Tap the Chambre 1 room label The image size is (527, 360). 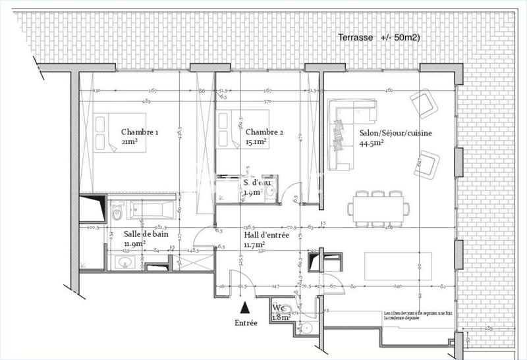tap(140, 132)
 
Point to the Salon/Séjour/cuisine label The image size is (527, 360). tap(395, 133)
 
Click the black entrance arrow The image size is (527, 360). tap(245, 307)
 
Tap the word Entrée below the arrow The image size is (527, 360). tap(246, 322)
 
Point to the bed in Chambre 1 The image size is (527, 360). tap(105, 134)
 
